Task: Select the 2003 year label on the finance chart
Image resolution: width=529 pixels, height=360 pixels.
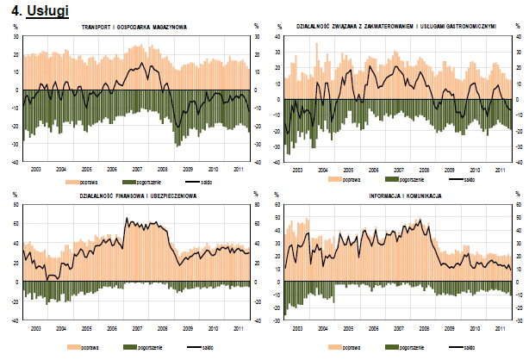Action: pyautogui.click(x=36, y=328)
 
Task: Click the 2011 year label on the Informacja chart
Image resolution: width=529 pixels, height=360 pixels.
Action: pyautogui.click(x=499, y=328)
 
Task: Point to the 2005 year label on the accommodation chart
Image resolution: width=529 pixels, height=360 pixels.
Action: pyautogui.click(x=348, y=171)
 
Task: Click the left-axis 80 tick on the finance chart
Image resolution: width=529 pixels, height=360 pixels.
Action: pyautogui.click(x=16, y=207)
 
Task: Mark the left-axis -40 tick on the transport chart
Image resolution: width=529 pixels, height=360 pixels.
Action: pyautogui.click(x=15, y=162)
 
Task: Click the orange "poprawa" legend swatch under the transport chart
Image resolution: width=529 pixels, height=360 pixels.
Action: pyautogui.click(x=73, y=182)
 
